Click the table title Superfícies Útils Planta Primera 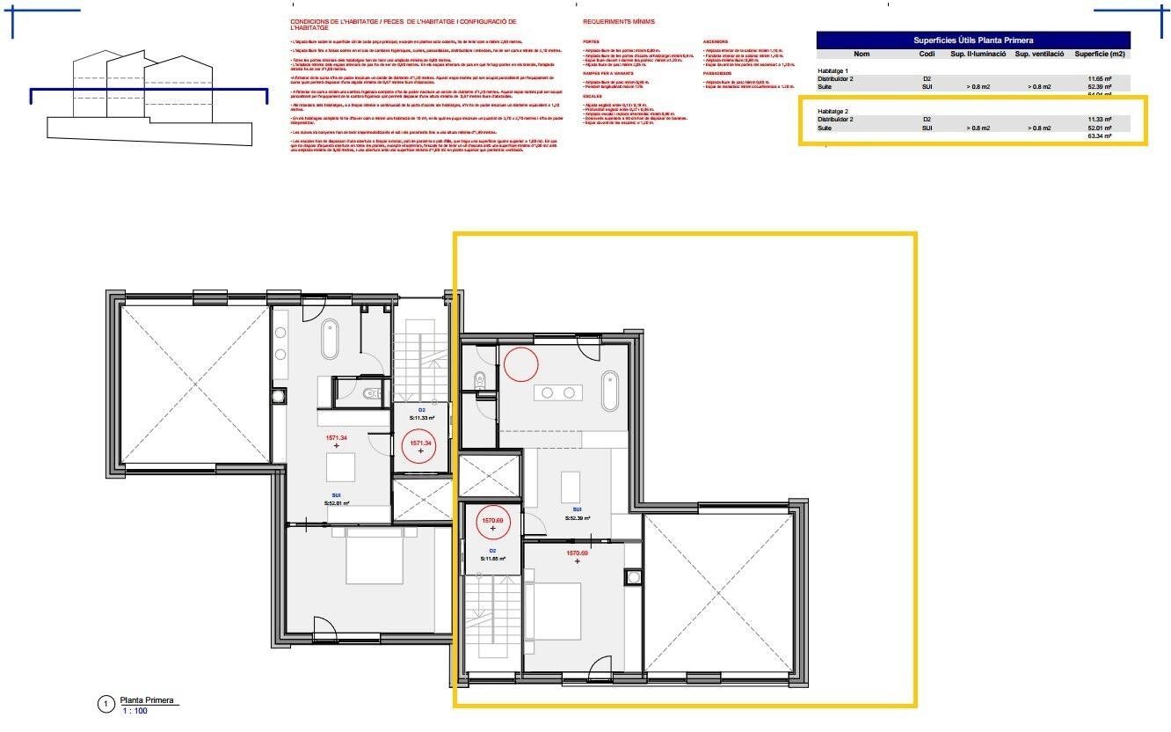click(x=972, y=40)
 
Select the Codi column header click(x=927, y=54)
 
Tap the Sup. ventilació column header click(x=1040, y=54)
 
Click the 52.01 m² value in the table click(x=1100, y=128)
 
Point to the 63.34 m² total click(x=1100, y=136)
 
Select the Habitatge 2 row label click(x=832, y=111)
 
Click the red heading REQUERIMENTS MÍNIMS click(x=618, y=21)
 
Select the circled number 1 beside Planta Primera click(x=105, y=704)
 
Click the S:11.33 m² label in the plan click(x=421, y=419)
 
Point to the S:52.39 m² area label click(x=578, y=518)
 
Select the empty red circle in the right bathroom click(x=520, y=364)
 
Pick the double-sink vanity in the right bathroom click(x=559, y=392)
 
